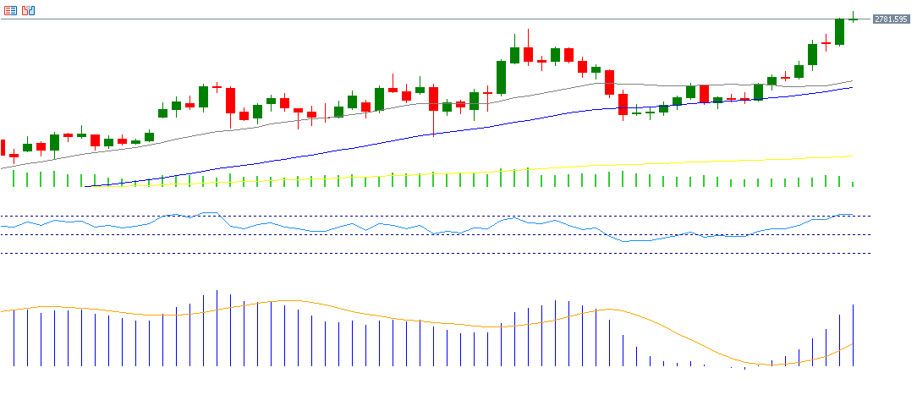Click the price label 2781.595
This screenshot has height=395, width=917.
click(x=890, y=19)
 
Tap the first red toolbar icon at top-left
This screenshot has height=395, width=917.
click(x=10, y=10)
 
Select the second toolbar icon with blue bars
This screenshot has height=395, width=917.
click(x=29, y=10)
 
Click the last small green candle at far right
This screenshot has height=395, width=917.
click(x=854, y=19)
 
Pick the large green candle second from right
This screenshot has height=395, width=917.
click(x=840, y=31)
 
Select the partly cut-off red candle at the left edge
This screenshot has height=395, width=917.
click(x=3, y=147)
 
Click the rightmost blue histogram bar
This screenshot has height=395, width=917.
click(x=853, y=335)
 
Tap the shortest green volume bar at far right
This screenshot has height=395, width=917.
click(x=853, y=184)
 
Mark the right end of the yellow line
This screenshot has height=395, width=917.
click(x=852, y=156)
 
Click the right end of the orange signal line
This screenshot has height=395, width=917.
click(x=853, y=343)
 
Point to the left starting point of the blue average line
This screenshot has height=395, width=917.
click(x=87, y=187)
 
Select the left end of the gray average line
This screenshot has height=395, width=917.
click(x=2, y=168)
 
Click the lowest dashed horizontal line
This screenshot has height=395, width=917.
click(x=423, y=253)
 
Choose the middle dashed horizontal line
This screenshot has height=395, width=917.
click(x=423, y=234)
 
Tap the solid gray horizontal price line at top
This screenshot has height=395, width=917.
click(x=423, y=19)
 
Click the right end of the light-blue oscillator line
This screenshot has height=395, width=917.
click(x=853, y=216)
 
